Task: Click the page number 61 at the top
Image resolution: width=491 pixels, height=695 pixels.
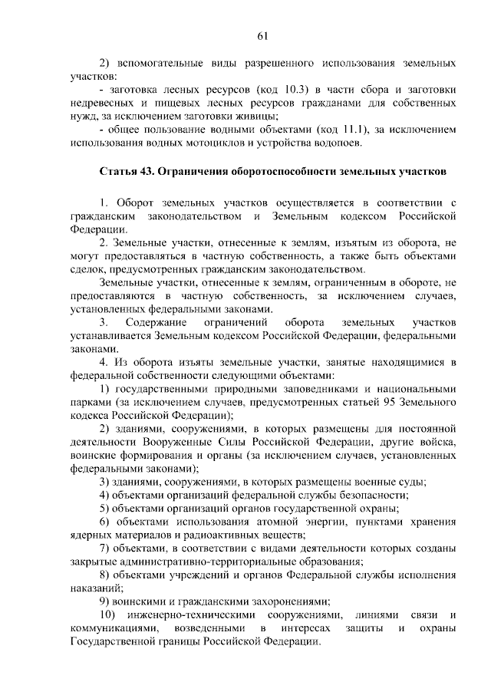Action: point(262,35)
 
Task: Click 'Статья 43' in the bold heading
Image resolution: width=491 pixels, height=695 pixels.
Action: point(125,170)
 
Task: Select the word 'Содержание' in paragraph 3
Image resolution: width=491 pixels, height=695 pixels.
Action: point(154,321)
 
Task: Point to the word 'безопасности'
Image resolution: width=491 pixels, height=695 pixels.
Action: point(371,495)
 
